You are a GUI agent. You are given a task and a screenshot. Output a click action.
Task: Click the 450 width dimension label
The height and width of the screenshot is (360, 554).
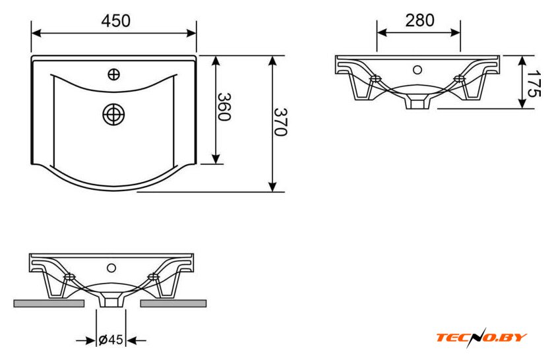(115, 21)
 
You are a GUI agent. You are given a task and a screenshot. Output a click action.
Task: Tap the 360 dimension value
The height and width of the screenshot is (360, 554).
(224, 107)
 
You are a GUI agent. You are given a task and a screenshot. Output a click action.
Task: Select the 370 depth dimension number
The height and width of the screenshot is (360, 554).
(280, 122)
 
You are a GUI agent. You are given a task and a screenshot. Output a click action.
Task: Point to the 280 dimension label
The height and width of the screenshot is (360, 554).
(419, 20)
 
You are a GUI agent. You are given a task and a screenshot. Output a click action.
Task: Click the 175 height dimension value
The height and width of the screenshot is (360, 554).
(534, 84)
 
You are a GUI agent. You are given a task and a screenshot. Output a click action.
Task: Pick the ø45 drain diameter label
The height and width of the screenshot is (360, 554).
(111, 340)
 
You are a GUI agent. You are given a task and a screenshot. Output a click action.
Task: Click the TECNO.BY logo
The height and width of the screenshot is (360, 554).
(481, 338)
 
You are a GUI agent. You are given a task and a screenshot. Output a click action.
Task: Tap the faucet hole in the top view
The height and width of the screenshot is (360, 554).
(113, 75)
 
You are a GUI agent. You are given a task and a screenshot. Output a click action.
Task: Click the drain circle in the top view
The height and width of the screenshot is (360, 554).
(113, 115)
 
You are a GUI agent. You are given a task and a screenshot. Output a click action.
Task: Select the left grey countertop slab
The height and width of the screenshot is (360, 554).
(49, 303)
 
